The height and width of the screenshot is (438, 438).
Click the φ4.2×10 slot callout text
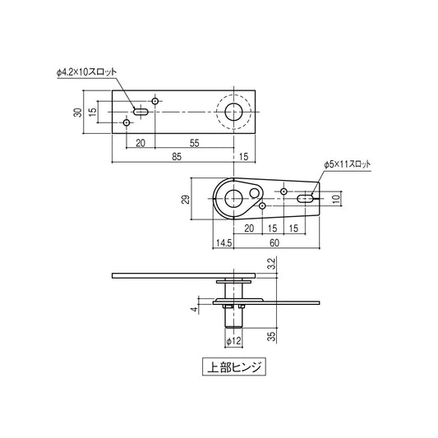click(x=86, y=72)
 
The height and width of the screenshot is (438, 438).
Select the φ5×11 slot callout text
click(x=348, y=164)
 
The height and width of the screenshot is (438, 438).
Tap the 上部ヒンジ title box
click(x=234, y=367)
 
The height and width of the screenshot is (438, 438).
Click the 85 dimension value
click(x=177, y=157)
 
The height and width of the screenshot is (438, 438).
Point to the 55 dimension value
click(x=195, y=143)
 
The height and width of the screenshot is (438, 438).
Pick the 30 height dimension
click(x=78, y=113)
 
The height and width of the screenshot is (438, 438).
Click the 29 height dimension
click(x=186, y=200)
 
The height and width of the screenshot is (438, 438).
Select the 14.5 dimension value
click(x=224, y=243)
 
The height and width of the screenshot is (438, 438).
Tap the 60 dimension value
click(x=274, y=243)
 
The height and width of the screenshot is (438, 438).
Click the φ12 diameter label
click(x=233, y=341)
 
